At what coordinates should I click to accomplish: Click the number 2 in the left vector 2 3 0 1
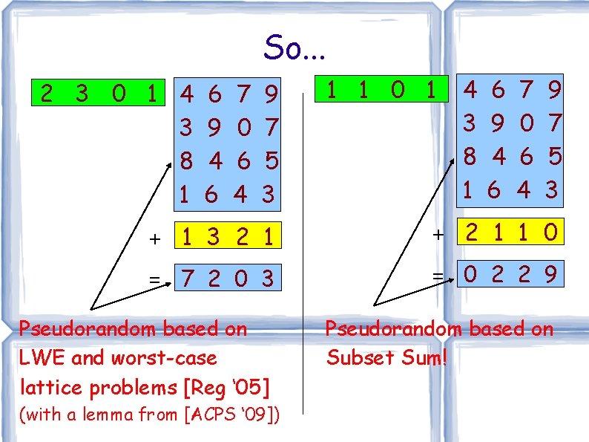[x=47, y=94]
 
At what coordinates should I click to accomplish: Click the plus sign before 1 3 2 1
[x=154, y=239]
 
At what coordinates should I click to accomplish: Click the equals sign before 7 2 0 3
[x=154, y=280]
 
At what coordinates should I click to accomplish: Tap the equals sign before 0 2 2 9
[x=438, y=276]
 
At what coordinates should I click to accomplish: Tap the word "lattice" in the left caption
[x=45, y=387]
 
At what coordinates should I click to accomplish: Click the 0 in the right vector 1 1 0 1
[x=398, y=91]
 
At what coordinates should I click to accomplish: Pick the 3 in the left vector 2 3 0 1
[x=82, y=94]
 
